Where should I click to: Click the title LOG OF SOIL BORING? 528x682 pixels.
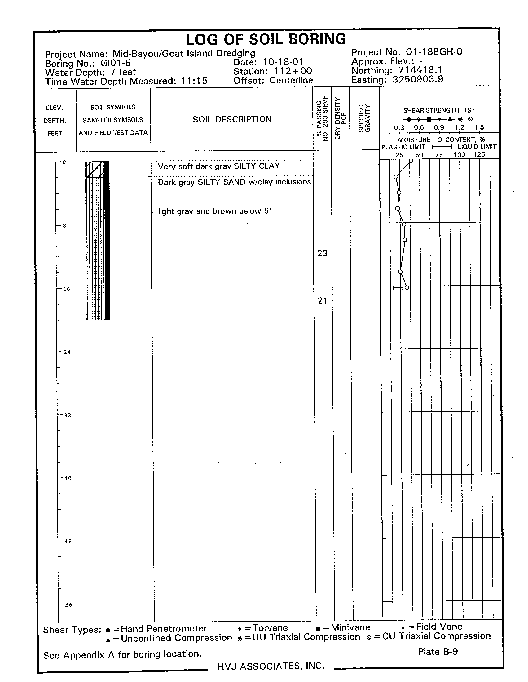tap(266, 40)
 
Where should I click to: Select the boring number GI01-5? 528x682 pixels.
tap(115, 63)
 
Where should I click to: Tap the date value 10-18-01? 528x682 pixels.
tap(283, 62)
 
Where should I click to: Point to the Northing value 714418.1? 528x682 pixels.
tap(420, 70)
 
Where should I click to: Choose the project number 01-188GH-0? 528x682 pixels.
tap(434, 51)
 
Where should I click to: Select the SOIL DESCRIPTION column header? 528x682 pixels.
tap(232, 119)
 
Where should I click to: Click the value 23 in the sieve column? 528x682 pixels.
tap(322, 253)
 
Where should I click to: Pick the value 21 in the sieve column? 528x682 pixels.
tap(322, 301)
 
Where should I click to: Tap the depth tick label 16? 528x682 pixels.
tap(67, 289)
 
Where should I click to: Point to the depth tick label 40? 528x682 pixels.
tap(68, 478)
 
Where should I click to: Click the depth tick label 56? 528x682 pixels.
tap(68, 604)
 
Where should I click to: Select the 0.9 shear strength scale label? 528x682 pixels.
tap(439, 127)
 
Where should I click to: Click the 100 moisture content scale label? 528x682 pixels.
tap(459, 155)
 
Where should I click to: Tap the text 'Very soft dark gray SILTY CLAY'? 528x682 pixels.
tap(219, 166)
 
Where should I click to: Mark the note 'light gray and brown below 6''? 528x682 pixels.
tap(214, 211)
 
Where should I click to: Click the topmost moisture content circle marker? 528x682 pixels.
tap(411, 161)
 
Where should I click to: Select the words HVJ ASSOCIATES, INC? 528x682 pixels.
tap(271, 666)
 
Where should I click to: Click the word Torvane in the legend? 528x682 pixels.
tap(270, 628)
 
